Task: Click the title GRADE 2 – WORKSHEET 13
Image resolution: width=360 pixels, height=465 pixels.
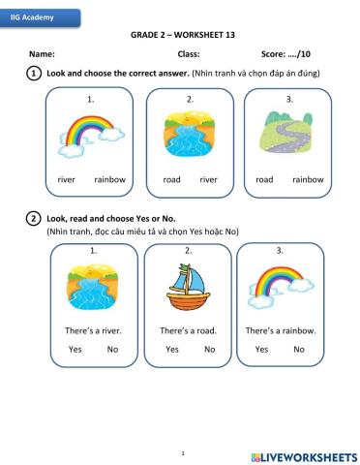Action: [x=183, y=34]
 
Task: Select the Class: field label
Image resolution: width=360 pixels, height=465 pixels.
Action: [x=189, y=53]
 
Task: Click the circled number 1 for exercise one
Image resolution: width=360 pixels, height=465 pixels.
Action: [x=34, y=74]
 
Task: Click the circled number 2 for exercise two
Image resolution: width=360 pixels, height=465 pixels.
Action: [x=34, y=219]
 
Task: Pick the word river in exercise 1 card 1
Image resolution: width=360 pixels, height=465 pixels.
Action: [x=67, y=179]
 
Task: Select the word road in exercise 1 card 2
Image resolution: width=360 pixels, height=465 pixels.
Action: [x=172, y=179]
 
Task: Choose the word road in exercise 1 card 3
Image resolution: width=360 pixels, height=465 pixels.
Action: [x=264, y=179]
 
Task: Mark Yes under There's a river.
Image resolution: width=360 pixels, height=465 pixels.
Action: [x=75, y=349]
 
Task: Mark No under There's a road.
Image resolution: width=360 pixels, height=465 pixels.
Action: [x=209, y=349]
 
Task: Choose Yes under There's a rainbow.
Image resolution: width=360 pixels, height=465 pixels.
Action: [x=262, y=349]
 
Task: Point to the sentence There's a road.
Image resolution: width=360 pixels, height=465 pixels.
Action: [x=188, y=330]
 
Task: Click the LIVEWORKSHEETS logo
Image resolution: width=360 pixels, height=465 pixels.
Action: [x=303, y=455]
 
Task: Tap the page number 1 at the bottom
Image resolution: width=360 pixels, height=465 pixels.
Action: [x=181, y=451]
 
